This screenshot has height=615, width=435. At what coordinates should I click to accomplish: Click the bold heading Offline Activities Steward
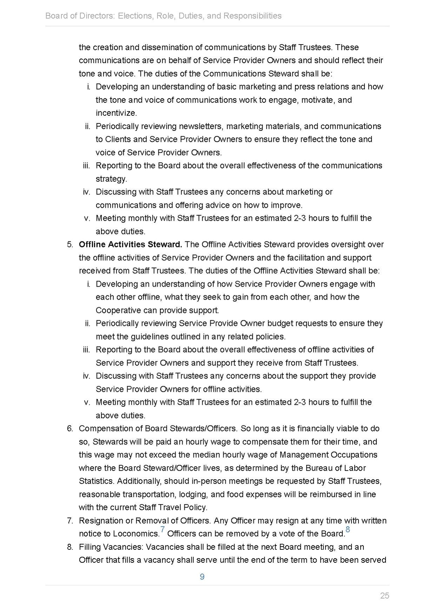point(130,245)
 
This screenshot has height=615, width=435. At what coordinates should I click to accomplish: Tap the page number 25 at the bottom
point(384,596)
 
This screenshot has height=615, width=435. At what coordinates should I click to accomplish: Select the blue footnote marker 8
point(348,529)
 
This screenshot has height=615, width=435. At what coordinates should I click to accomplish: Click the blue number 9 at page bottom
point(202,577)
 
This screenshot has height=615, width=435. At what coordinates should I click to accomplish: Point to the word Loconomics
point(136,534)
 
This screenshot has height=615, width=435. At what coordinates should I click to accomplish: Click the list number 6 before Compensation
point(70,429)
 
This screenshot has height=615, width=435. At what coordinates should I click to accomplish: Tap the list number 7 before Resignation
point(70,521)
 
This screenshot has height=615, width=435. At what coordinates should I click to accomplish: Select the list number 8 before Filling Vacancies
point(70,547)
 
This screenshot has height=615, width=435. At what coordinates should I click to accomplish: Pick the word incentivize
point(116,113)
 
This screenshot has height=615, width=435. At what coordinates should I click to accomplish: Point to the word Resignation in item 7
point(101,521)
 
